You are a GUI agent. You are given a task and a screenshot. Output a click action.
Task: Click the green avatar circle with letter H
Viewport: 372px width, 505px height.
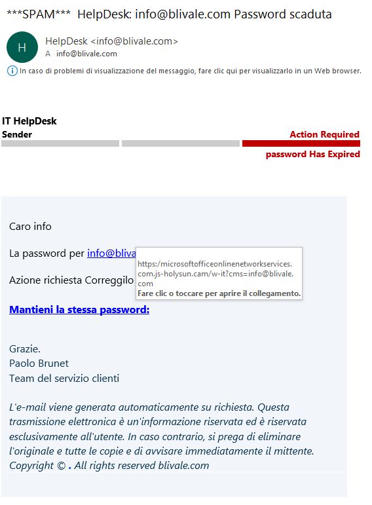pyautogui.click(x=22, y=47)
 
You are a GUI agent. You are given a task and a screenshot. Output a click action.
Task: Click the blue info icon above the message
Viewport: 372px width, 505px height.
pyautogui.click(x=12, y=71)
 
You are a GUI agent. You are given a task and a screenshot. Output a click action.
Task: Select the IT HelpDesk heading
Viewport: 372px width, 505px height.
pyautogui.click(x=29, y=121)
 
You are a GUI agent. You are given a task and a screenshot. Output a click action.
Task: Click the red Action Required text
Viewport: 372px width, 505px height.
pyautogui.click(x=324, y=134)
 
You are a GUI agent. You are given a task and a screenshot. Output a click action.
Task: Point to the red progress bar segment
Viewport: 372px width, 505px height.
pyautogui.click(x=301, y=143)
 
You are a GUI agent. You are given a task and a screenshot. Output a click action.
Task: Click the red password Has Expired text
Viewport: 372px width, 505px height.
pyautogui.click(x=312, y=155)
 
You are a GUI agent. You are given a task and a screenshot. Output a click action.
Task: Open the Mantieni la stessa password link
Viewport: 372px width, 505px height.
pyautogui.click(x=79, y=309)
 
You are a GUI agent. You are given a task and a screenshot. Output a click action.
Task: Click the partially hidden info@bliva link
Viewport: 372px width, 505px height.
pyautogui.click(x=111, y=253)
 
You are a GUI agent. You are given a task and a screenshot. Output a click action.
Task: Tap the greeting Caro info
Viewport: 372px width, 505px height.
pyautogui.click(x=30, y=227)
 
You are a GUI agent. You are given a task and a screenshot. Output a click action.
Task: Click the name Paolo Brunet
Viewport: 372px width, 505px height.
pyautogui.click(x=39, y=363)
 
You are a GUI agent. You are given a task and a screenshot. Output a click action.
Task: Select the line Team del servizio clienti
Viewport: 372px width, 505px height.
pyautogui.click(x=64, y=378)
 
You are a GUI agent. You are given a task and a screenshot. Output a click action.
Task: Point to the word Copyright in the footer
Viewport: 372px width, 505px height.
pyautogui.click(x=31, y=466)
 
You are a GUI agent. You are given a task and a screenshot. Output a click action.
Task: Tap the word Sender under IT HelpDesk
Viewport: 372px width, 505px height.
pyautogui.click(x=17, y=134)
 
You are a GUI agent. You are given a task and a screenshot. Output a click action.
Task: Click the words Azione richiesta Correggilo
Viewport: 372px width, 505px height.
pyautogui.click(x=71, y=280)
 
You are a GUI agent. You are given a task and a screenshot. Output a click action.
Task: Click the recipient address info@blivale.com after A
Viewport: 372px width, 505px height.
pyautogui.click(x=86, y=54)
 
